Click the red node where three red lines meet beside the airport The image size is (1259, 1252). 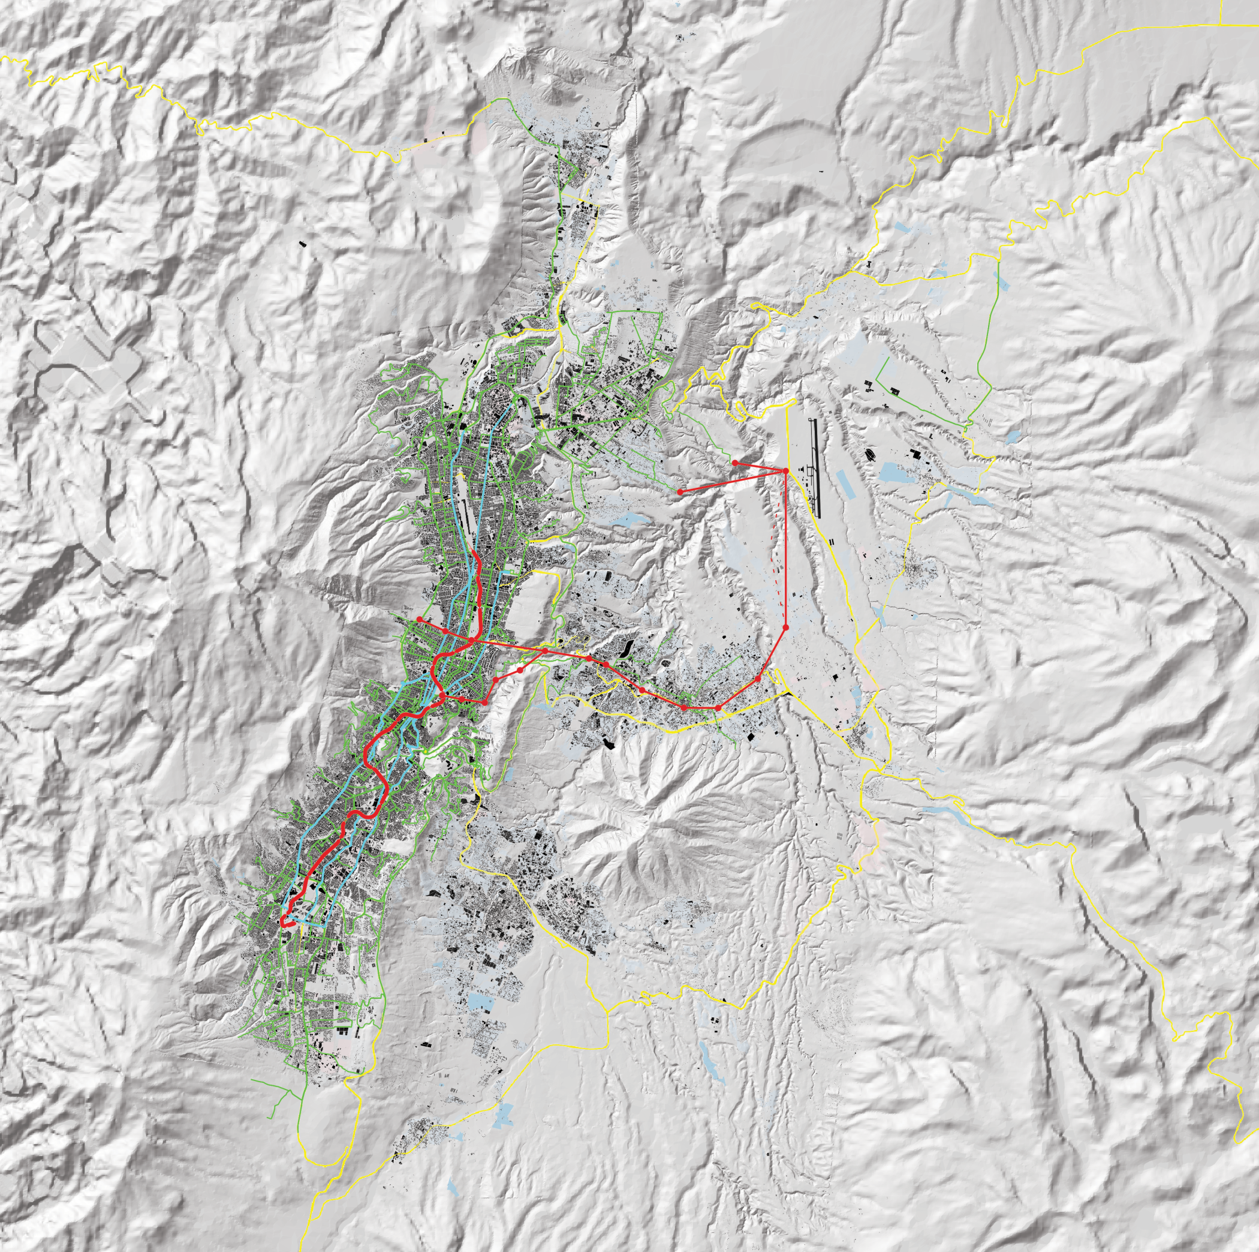pyautogui.click(x=786, y=471)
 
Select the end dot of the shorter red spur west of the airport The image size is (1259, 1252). pyautogui.click(x=735, y=463)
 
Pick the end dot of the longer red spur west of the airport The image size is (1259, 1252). pyautogui.click(x=680, y=492)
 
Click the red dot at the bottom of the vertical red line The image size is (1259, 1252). pyautogui.click(x=786, y=627)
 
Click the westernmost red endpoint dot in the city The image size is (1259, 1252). pyautogui.click(x=420, y=619)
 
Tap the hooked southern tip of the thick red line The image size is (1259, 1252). pyautogui.click(x=284, y=922)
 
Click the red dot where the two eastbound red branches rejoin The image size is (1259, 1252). pyautogui.click(x=545, y=651)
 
